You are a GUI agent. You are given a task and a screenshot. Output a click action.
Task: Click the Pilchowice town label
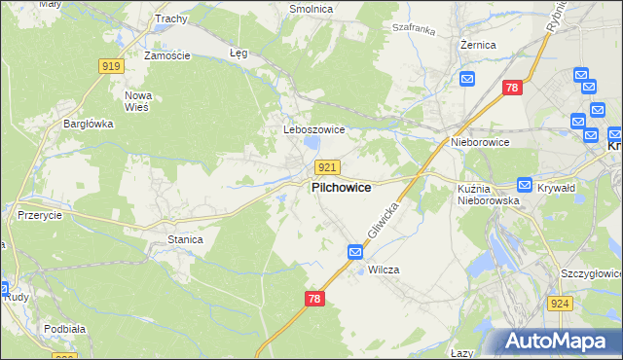coord(340,188)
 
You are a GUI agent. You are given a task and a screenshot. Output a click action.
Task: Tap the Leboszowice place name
coord(307,129)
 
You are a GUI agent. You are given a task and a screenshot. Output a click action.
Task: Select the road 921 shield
coord(327,167)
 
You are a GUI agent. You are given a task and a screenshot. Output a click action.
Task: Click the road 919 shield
coord(111,66)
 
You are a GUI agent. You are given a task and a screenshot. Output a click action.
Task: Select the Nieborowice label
coord(480,142)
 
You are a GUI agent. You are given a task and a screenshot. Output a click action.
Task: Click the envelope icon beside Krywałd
coord(525,185)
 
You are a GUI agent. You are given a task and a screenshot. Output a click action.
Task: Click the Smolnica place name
coord(311,9)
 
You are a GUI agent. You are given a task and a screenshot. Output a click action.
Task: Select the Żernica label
coord(479,45)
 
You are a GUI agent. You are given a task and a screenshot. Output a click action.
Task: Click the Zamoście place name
coord(166,55)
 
